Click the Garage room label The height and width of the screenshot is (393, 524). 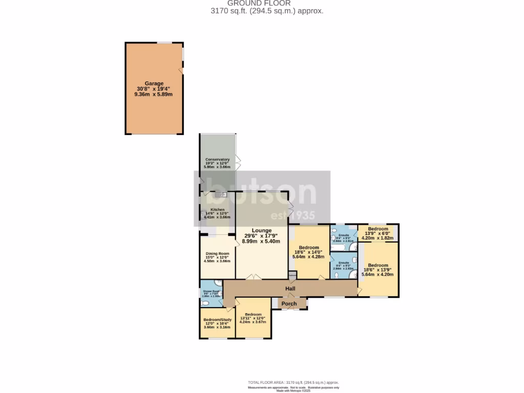(x=154, y=83)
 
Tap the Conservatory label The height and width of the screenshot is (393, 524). (x=217, y=159)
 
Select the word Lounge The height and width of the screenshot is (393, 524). (x=261, y=230)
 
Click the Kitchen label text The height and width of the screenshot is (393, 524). (x=217, y=209)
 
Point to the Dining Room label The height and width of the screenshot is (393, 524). (x=217, y=253)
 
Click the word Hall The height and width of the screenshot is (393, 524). (x=291, y=289)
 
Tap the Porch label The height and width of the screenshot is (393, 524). (x=290, y=304)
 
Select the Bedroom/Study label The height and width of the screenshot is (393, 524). (x=217, y=319)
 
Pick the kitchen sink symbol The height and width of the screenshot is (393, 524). (x=221, y=194)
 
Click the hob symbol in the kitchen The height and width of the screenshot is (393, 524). (x=204, y=216)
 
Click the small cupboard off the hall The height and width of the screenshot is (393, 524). (x=292, y=278)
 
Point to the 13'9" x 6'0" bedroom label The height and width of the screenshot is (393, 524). (x=378, y=229)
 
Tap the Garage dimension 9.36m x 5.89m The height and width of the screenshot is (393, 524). (x=154, y=95)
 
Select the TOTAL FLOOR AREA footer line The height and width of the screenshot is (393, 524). (x=293, y=382)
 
